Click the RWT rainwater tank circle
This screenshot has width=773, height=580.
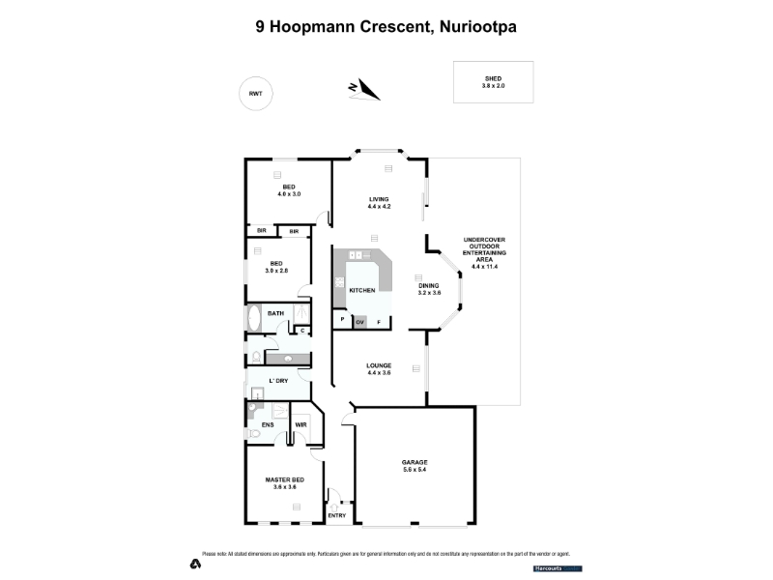point(255,94)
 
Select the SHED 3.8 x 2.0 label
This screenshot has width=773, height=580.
point(494,82)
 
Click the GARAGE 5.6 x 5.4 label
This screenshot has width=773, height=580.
point(415,466)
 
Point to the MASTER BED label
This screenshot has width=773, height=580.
point(286,483)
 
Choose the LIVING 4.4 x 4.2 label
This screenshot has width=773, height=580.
point(379,203)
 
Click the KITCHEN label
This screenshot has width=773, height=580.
point(361,290)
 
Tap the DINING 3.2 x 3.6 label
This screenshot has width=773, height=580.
point(429,289)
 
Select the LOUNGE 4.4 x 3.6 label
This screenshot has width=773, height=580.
point(379,368)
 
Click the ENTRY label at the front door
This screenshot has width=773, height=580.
point(336,515)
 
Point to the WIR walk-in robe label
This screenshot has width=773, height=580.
point(301,424)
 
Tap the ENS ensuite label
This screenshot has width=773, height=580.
point(268,424)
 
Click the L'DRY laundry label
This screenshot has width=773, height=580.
point(278,381)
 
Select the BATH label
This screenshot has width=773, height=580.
point(275,313)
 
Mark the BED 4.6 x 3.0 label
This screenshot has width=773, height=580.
point(288,190)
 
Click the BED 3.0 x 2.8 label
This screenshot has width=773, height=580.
point(276,267)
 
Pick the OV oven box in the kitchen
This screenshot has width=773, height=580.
point(360,321)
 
